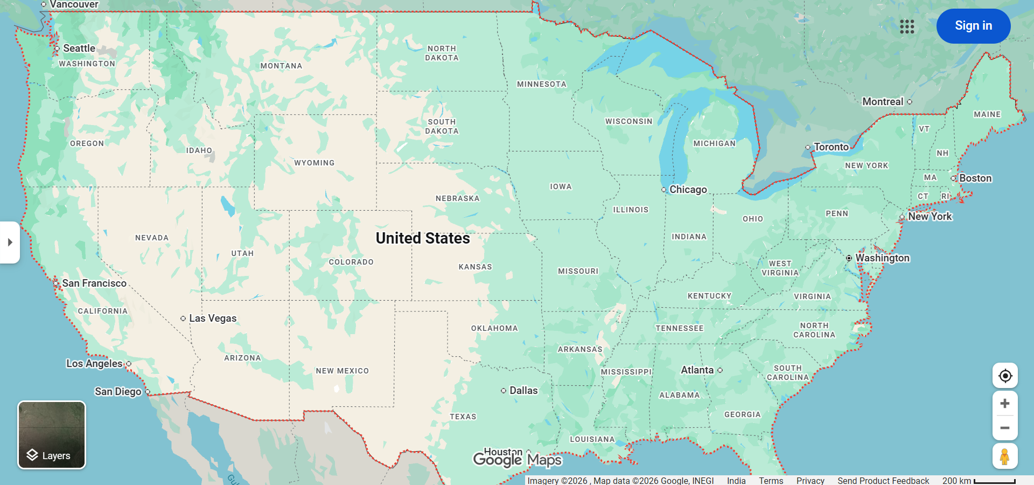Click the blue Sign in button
[973, 26]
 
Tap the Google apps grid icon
[907, 26]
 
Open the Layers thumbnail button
[52, 435]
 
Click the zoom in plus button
[1005, 404]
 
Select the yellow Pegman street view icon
[1005, 456]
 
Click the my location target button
[1005, 376]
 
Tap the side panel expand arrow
[10, 242]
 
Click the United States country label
[423, 238]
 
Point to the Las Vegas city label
[212, 318]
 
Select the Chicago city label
[688, 190]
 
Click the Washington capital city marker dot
[849, 258]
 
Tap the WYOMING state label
[315, 163]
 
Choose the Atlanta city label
[697, 370]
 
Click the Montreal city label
[883, 102]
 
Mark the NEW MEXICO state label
[343, 371]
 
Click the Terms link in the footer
[771, 480]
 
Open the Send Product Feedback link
[883, 480]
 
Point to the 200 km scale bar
[994, 481]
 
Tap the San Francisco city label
[94, 283]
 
